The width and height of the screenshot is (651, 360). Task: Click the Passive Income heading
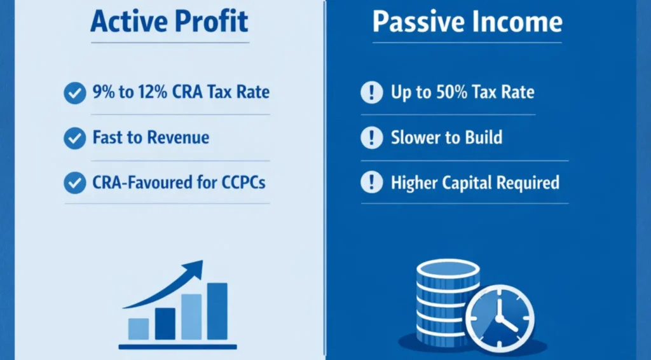(467, 22)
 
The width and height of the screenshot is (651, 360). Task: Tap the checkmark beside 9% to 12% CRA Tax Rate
(75, 93)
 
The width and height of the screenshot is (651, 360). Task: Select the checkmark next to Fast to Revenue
(75, 138)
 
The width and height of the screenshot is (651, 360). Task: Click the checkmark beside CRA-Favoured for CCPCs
(75, 184)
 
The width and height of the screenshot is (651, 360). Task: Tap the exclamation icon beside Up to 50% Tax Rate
(371, 93)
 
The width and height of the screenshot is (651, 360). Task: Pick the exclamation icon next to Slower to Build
(371, 138)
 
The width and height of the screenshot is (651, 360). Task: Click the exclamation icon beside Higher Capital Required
(371, 183)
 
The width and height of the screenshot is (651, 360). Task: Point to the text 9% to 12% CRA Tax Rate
(181, 92)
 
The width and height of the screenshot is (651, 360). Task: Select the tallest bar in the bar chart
(217, 311)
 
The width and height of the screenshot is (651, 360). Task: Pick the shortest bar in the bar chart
(139, 328)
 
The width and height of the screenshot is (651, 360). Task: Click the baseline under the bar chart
(177, 347)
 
